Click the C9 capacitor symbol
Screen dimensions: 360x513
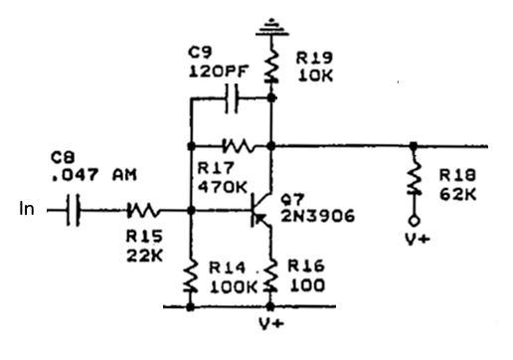click(x=232, y=97)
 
